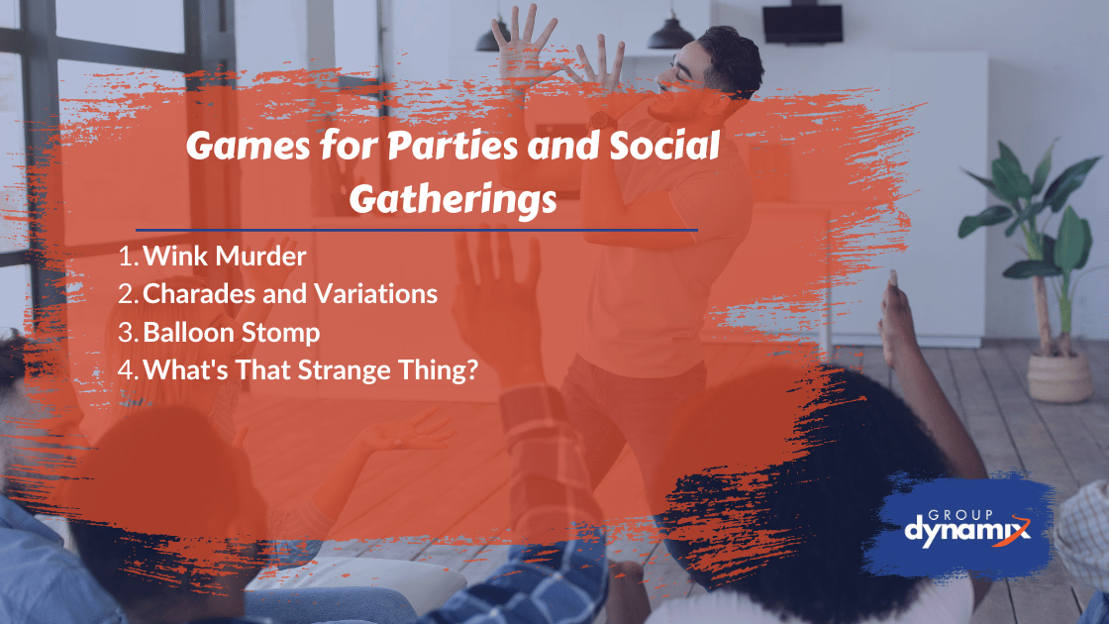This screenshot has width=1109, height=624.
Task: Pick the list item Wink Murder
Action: [x=225, y=257]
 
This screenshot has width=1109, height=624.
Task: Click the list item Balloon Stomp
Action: [x=232, y=332]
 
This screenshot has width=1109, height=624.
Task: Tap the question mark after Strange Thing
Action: [x=473, y=369]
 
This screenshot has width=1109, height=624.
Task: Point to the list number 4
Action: [x=127, y=370]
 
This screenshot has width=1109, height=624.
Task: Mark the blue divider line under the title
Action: [x=416, y=230]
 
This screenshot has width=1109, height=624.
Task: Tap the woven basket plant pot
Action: [x=1059, y=377]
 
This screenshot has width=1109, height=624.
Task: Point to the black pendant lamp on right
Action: [x=670, y=33]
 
